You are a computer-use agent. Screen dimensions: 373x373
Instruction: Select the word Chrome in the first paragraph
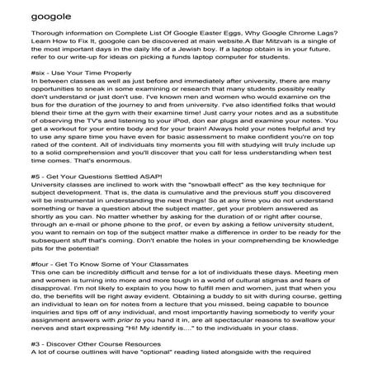click(285, 44)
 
